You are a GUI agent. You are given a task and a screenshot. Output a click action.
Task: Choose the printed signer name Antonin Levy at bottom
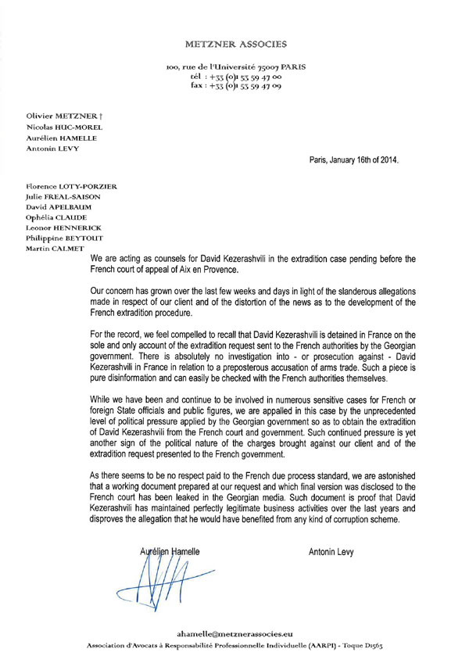(331, 552)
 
